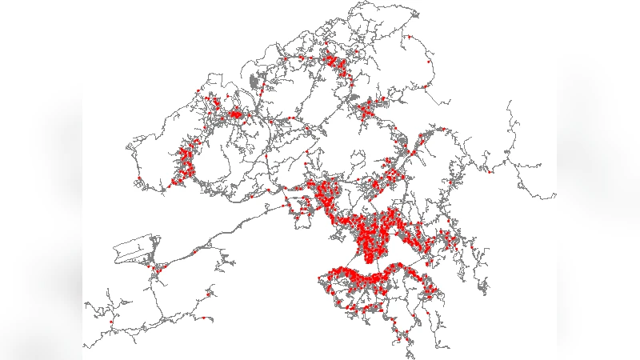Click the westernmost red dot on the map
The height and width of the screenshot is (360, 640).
tap(110, 322)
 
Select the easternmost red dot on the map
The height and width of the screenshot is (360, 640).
tap(490, 170)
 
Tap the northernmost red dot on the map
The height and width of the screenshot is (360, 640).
tap(409, 37)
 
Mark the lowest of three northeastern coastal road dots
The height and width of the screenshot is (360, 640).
tap(425, 86)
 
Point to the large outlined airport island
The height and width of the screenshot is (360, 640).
tap(136, 250)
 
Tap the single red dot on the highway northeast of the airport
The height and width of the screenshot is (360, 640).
tap(194, 252)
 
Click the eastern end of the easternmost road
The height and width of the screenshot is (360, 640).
tap(555, 194)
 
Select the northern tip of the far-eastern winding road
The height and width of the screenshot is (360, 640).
tap(509, 102)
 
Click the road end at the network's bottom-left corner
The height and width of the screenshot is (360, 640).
tap(84, 346)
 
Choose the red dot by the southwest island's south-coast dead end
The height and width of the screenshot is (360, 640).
tap(204, 318)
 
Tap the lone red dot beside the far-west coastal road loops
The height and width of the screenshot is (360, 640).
tap(138, 178)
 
